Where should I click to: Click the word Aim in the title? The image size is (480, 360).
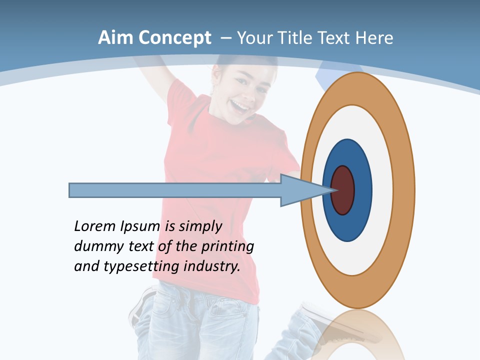point(116,37)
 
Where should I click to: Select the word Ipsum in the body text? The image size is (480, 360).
point(141,226)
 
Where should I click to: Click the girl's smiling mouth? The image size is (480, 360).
point(240,106)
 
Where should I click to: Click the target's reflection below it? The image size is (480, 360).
point(358,335)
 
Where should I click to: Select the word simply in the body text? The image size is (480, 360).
point(200,226)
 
